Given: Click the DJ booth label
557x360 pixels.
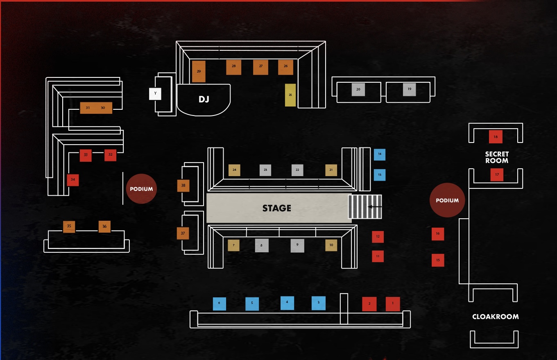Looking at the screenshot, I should (204, 99).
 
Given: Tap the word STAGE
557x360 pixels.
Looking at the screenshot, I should (277, 208).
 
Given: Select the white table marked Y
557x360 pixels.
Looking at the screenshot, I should (155, 94).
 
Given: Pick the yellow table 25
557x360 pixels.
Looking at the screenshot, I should (290, 95).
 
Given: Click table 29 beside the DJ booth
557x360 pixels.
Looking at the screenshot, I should (199, 71).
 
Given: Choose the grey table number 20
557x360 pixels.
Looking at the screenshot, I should (358, 89).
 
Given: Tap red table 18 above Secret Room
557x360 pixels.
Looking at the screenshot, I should (496, 137).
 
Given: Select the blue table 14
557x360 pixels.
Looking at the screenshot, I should (380, 154).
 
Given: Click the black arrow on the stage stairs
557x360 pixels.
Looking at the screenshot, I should (375, 207).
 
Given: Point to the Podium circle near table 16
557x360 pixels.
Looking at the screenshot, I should (447, 200).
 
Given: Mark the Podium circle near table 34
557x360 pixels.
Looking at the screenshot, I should (141, 189).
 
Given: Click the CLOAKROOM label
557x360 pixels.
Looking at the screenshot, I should (495, 317).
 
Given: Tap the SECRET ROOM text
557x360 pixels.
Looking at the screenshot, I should (497, 157).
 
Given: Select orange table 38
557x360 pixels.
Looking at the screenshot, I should (183, 186).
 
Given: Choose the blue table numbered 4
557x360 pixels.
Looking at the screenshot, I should (287, 303).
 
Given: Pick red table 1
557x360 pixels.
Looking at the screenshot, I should (393, 304).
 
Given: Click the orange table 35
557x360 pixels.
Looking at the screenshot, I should (69, 226).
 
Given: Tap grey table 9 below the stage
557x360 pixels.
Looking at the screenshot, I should (297, 245).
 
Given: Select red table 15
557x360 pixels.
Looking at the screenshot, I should (438, 260).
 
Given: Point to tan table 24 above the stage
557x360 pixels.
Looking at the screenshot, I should (234, 170).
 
